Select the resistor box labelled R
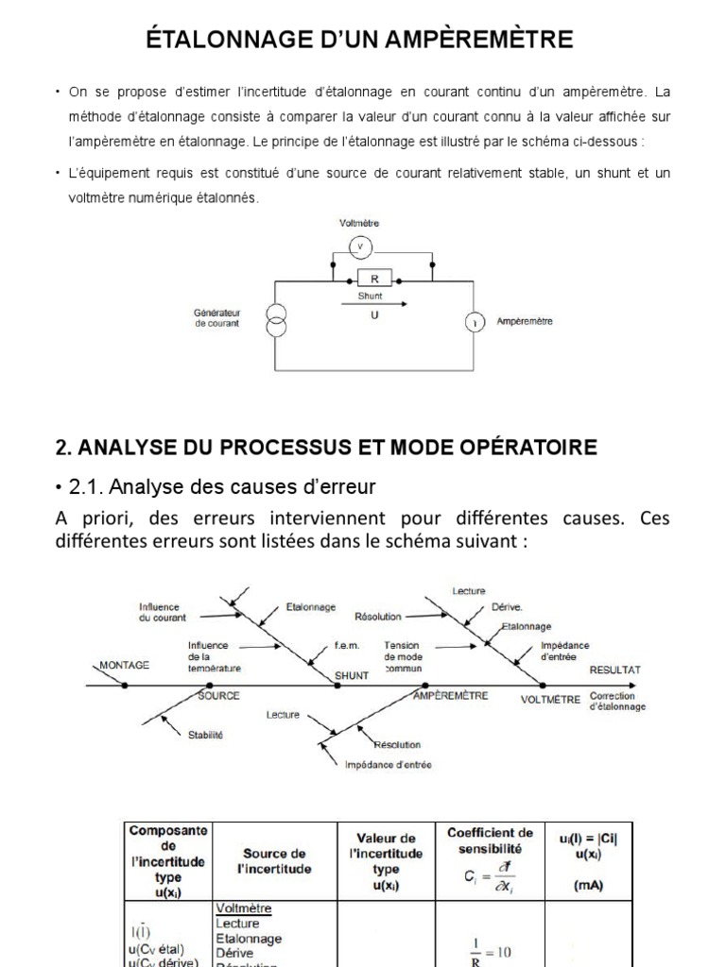374,280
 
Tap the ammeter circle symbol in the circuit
472,322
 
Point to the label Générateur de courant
216,317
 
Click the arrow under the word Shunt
374,304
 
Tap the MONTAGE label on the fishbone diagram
125,665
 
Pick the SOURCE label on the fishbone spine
219,695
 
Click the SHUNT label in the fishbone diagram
352,676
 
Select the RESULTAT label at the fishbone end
614,670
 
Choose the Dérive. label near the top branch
507,607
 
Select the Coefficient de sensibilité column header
490,840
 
